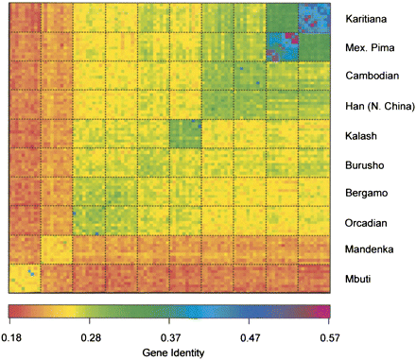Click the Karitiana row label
coord(366,18)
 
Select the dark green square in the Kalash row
coord(184,135)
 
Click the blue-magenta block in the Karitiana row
coord(312,17)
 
